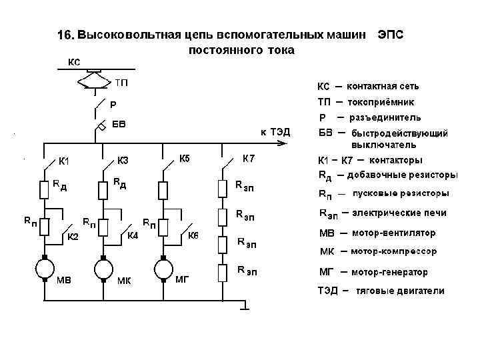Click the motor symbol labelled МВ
pos(45,269)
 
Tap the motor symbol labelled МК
pos(103,269)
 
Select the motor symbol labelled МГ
pos(162,269)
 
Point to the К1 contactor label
pos(65,161)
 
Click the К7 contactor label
pos(248,159)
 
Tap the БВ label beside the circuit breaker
pos(119,124)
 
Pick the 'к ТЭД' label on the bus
pos(275,132)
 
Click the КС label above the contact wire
pos(74,62)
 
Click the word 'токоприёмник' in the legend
pos(381,103)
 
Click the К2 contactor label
pos(72,236)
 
